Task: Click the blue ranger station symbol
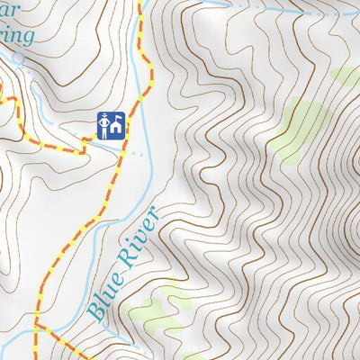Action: [111, 125]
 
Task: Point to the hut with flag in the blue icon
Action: [115, 127]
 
